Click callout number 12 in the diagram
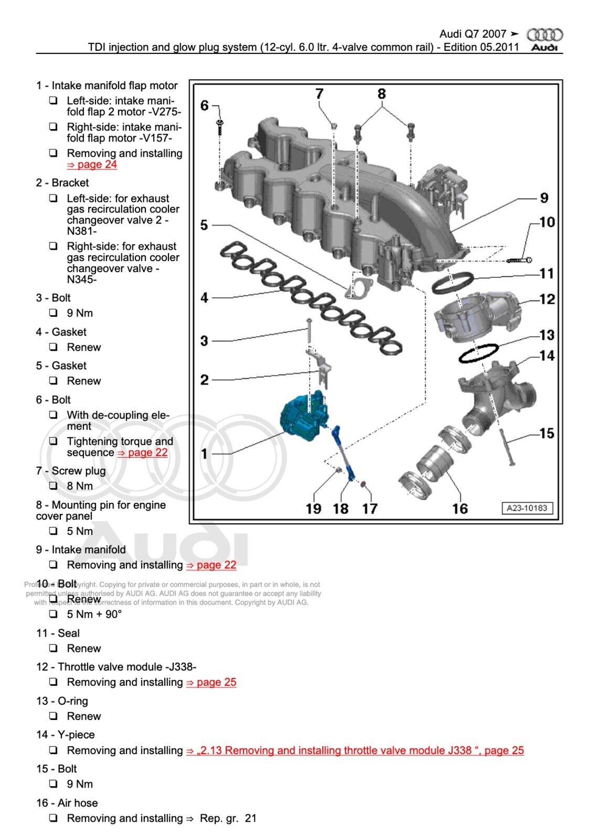(x=547, y=299)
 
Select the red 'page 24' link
(x=92, y=165)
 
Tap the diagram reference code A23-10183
(x=527, y=508)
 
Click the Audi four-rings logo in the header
(x=545, y=35)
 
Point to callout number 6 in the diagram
(x=205, y=105)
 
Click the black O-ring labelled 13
(x=479, y=353)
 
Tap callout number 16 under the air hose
(x=460, y=509)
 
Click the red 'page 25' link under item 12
(x=211, y=682)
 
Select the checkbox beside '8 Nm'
(x=53, y=486)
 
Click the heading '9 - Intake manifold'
(x=81, y=550)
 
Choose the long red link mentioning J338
(x=355, y=750)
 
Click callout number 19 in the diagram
(x=313, y=509)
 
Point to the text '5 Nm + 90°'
(x=94, y=614)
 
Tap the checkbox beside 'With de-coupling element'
(x=53, y=415)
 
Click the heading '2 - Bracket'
(x=62, y=183)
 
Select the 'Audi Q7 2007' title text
(x=473, y=34)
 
